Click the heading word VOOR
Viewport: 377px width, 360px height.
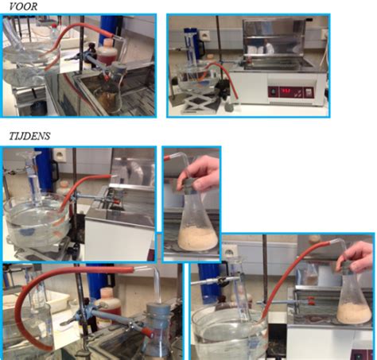pos(23,6)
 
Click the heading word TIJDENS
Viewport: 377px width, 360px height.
pos(29,136)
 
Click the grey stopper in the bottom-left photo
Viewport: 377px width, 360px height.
pos(158,315)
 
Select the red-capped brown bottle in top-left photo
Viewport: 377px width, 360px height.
pos(107,52)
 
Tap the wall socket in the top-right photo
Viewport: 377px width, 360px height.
pos(204,35)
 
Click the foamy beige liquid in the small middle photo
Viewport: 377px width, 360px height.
pos(198,238)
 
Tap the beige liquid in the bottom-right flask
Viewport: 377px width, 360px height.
pos(354,313)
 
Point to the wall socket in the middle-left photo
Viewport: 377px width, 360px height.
pos(59,153)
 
